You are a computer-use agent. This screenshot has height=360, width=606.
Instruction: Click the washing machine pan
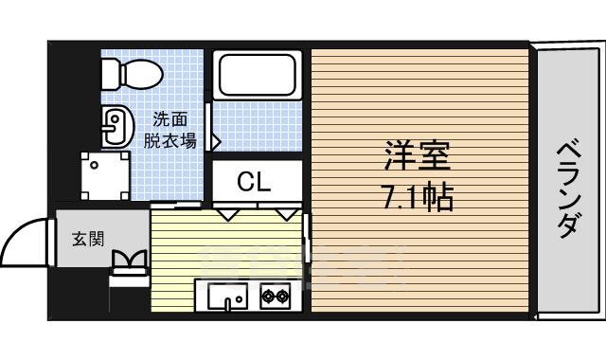[x=103, y=177]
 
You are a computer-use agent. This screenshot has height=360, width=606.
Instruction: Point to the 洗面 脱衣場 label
[x=170, y=131]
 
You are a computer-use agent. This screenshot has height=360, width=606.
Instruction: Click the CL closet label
[x=254, y=181]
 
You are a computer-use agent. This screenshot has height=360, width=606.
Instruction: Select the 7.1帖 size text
[x=417, y=198]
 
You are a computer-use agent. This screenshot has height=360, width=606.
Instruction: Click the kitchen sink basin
[x=226, y=297]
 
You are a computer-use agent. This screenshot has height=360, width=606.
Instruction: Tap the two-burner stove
[x=276, y=297]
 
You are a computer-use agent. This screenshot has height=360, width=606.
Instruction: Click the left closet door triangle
[x=228, y=215]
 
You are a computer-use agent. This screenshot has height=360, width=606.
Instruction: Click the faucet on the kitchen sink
[x=226, y=303]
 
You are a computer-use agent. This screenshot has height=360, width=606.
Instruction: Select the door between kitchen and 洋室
[x=308, y=237]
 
